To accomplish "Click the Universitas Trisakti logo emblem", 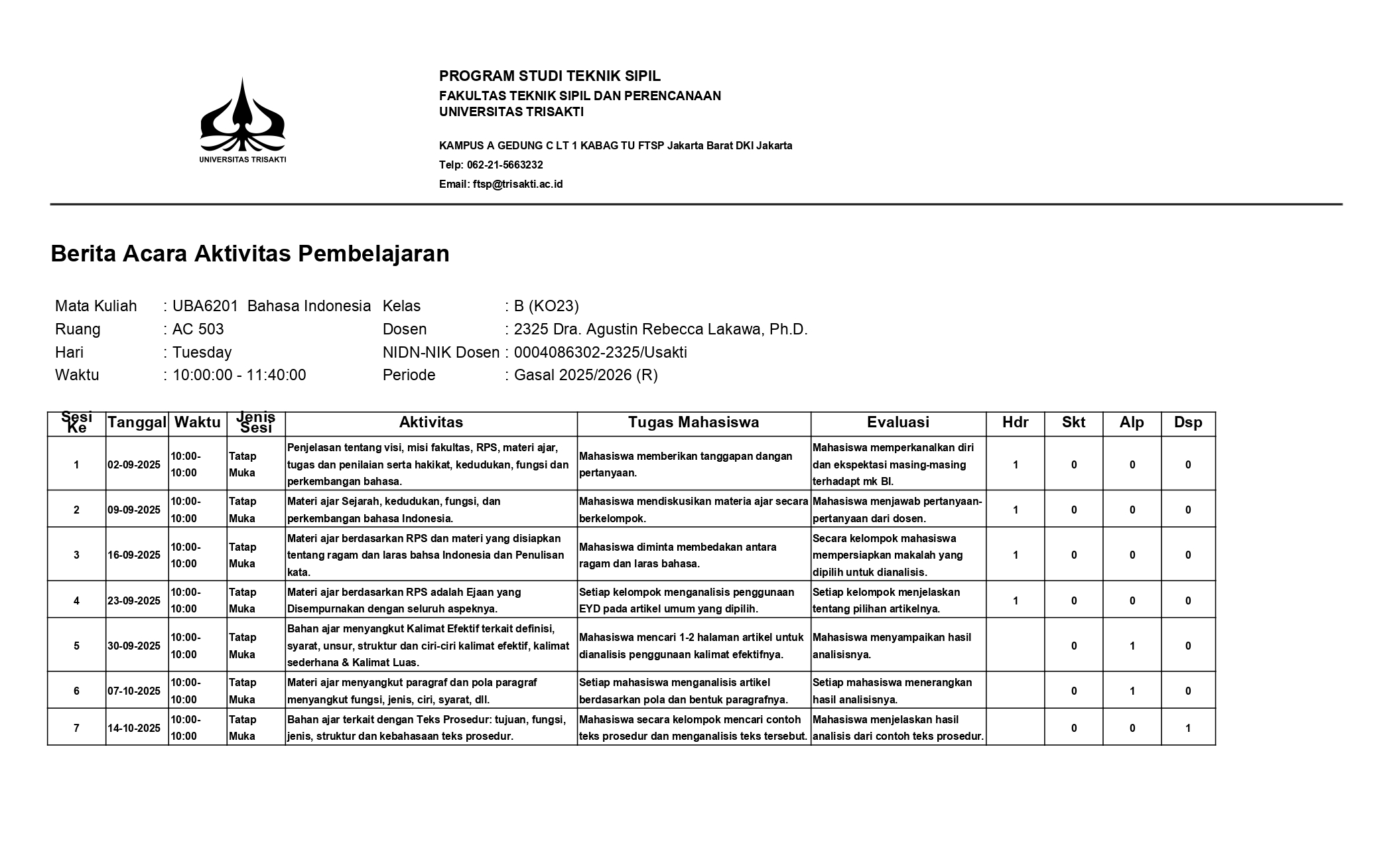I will click(243, 116).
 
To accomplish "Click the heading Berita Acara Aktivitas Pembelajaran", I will click(250, 253).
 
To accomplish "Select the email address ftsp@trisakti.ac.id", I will click(517, 184).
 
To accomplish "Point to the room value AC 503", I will click(198, 329).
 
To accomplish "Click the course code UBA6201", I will click(205, 306).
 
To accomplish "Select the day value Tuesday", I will click(202, 352).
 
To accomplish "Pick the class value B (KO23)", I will click(546, 306).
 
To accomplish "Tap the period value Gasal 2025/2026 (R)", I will click(586, 375).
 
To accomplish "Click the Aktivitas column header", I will click(431, 423).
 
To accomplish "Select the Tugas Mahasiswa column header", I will click(693, 423).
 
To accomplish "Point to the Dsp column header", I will click(1187, 423).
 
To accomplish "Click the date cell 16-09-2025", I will click(135, 555).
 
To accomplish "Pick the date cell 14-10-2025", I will click(135, 728).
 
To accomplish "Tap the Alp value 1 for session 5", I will click(1132, 646).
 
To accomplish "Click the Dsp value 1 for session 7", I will click(1188, 728).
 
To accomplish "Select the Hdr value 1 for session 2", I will click(1016, 510).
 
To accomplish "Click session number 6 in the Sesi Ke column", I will click(76, 691).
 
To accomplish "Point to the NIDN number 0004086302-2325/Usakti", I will click(600, 352).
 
